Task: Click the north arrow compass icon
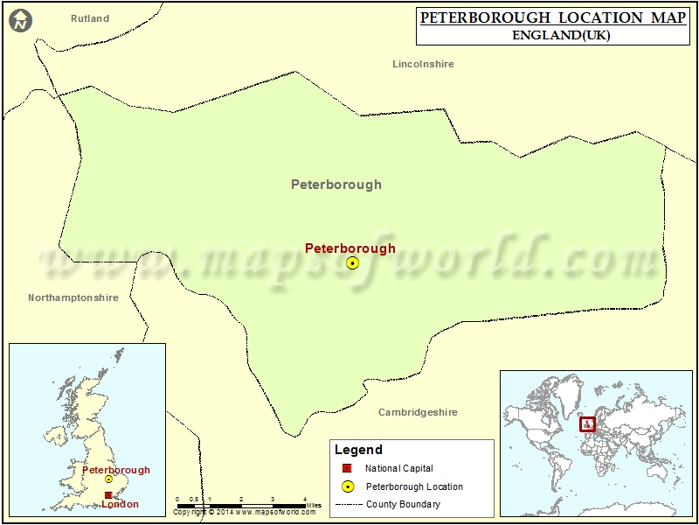coord(20,19)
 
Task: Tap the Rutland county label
coord(90,18)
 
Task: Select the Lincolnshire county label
coord(423,64)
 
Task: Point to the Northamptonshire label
coord(73,297)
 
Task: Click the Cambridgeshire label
coord(418,412)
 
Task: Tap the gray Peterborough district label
coord(336,185)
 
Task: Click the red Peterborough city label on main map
coord(349,248)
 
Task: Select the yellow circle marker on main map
coord(352,262)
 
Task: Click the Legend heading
coord(358,450)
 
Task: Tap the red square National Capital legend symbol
coord(347,469)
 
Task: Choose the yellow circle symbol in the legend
coord(347,486)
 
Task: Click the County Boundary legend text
coord(403,504)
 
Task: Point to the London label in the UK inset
coord(120,504)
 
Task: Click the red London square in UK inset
coord(107,495)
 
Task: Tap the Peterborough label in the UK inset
coord(116,470)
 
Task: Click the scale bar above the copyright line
coord(241,505)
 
